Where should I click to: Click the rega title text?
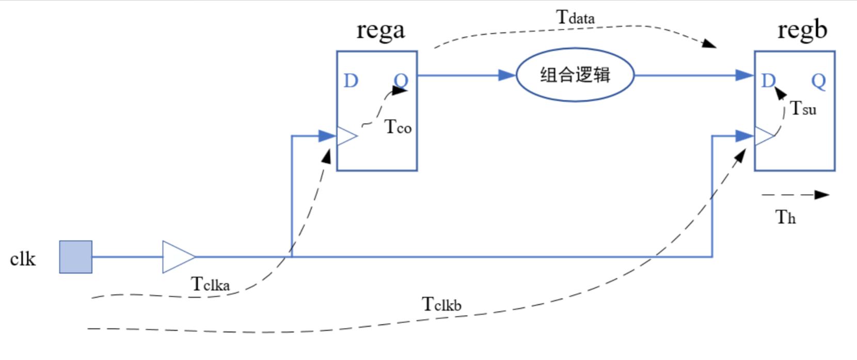[380, 30]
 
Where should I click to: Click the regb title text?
[802, 30]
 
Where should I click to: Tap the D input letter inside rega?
[351, 81]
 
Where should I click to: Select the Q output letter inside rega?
[401, 81]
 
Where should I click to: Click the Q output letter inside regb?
[818, 81]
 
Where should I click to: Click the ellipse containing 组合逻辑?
[575, 75]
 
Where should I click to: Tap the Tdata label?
[575, 18]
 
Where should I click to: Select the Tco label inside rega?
[398, 127]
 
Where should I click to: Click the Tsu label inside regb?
[803, 109]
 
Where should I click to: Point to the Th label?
[785, 217]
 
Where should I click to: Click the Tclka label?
[210, 284]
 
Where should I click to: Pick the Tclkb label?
[441, 304]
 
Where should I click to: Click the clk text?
[23, 259]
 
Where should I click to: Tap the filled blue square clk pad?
[76, 257]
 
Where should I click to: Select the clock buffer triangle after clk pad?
[177, 257]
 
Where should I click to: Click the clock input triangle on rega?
[346, 136]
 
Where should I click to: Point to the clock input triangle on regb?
[764, 136]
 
